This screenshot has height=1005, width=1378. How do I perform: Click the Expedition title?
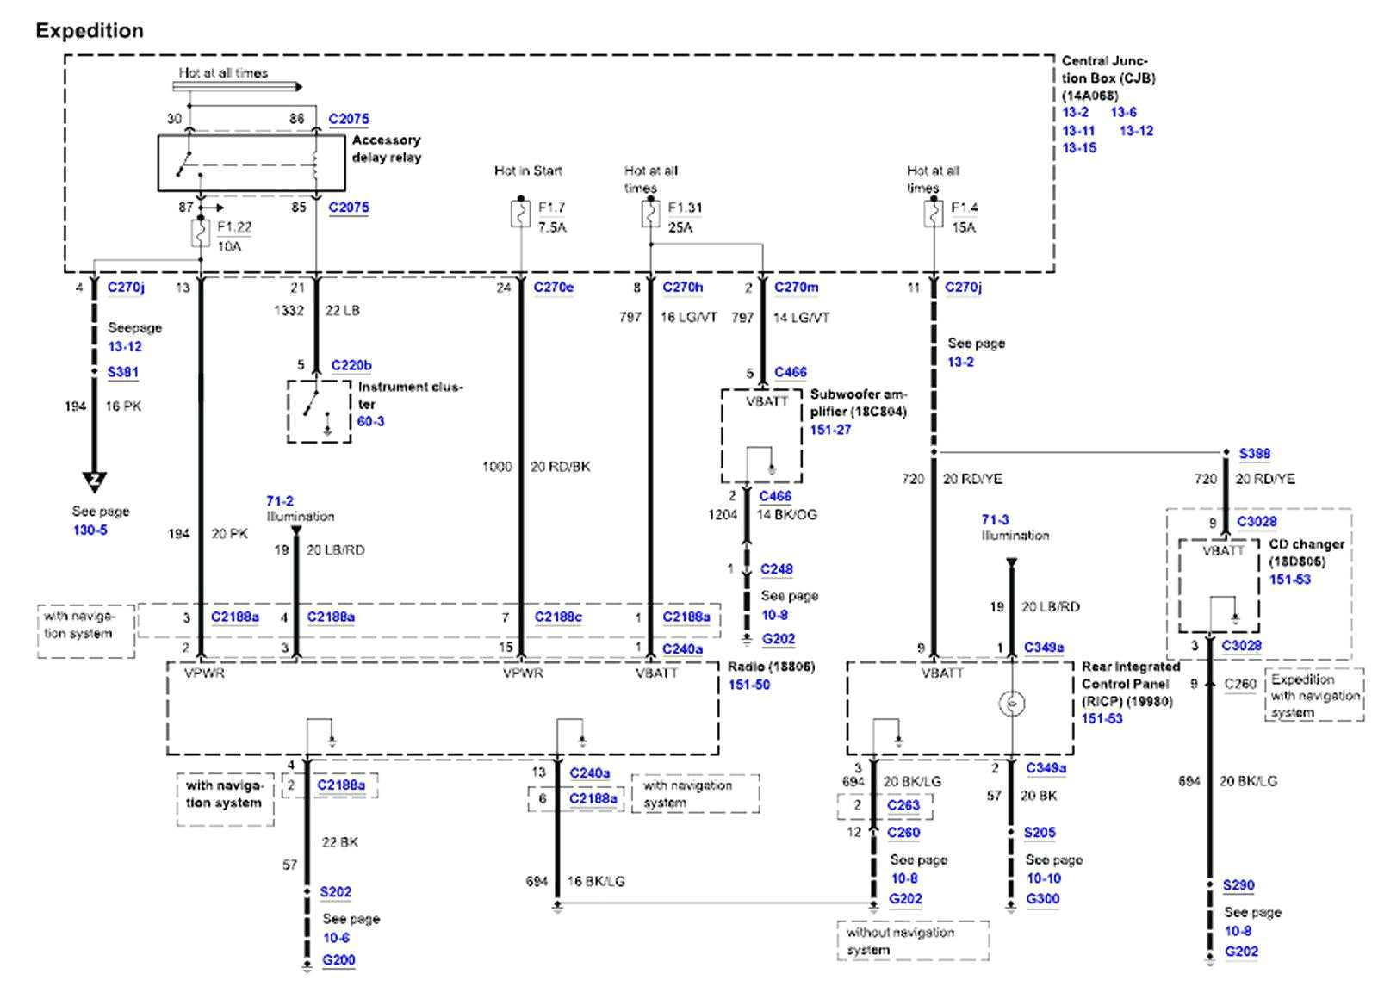pos(90,31)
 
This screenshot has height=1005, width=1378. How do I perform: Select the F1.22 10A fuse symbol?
pos(201,233)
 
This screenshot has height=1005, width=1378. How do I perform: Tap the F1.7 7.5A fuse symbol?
pos(520,214)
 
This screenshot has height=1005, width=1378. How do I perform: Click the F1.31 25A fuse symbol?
pos(650,214)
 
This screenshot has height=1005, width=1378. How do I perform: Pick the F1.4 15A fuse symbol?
pos(934,214)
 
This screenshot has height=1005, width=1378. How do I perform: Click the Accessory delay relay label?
pos(386,148)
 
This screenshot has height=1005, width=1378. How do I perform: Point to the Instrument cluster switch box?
pos(319,412)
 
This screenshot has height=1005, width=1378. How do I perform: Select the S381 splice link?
pos(122,372)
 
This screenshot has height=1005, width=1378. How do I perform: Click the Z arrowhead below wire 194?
pos(95,481)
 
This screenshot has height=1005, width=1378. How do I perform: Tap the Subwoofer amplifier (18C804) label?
pos(858,403)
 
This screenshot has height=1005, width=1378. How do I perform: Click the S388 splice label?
pos(1254,453)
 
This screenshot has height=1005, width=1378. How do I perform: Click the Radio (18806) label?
pos(771,667)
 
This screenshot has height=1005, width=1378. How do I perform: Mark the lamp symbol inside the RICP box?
pos(1011,704)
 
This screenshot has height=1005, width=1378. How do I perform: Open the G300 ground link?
pos(1042,898)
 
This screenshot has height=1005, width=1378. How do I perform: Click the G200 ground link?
pos(338,959)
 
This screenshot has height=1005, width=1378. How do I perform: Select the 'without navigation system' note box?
pos(913,940)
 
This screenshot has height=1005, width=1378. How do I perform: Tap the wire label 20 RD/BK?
pos(560,467)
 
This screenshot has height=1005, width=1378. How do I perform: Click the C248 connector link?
pos(776,569)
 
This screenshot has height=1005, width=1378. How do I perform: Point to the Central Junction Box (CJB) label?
pos(1108,78)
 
